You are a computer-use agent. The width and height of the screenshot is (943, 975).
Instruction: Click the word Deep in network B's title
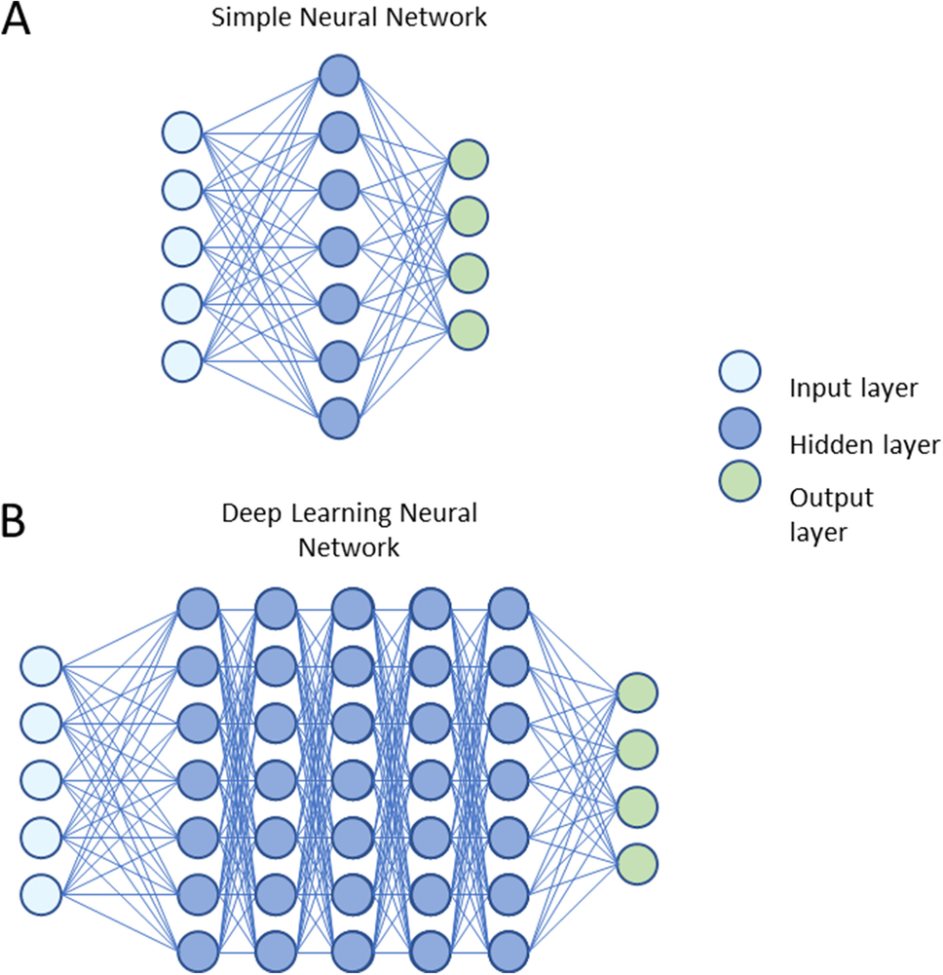(245, 513)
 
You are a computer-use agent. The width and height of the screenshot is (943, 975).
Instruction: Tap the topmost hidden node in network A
(339, 74)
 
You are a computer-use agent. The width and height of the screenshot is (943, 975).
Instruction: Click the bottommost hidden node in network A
(339, 418)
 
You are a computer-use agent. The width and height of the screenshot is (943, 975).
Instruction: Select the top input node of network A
(181, 131)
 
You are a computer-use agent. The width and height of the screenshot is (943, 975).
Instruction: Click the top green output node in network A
(469, 160)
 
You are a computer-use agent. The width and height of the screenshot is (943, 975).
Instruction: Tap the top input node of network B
(41, 666)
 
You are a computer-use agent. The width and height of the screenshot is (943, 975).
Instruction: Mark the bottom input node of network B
(41, 893)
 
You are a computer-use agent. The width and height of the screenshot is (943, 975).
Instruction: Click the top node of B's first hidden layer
(197, 610)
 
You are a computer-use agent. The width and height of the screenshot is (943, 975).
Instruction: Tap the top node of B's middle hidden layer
(352, 610)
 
